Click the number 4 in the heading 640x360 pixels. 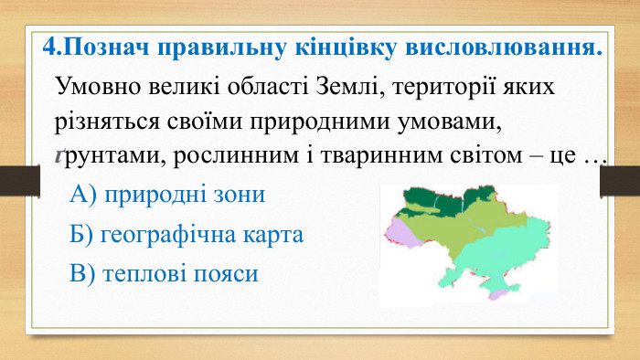[50, 47]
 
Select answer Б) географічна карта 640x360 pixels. [186, 234]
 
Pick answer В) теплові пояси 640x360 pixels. [164, 273]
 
